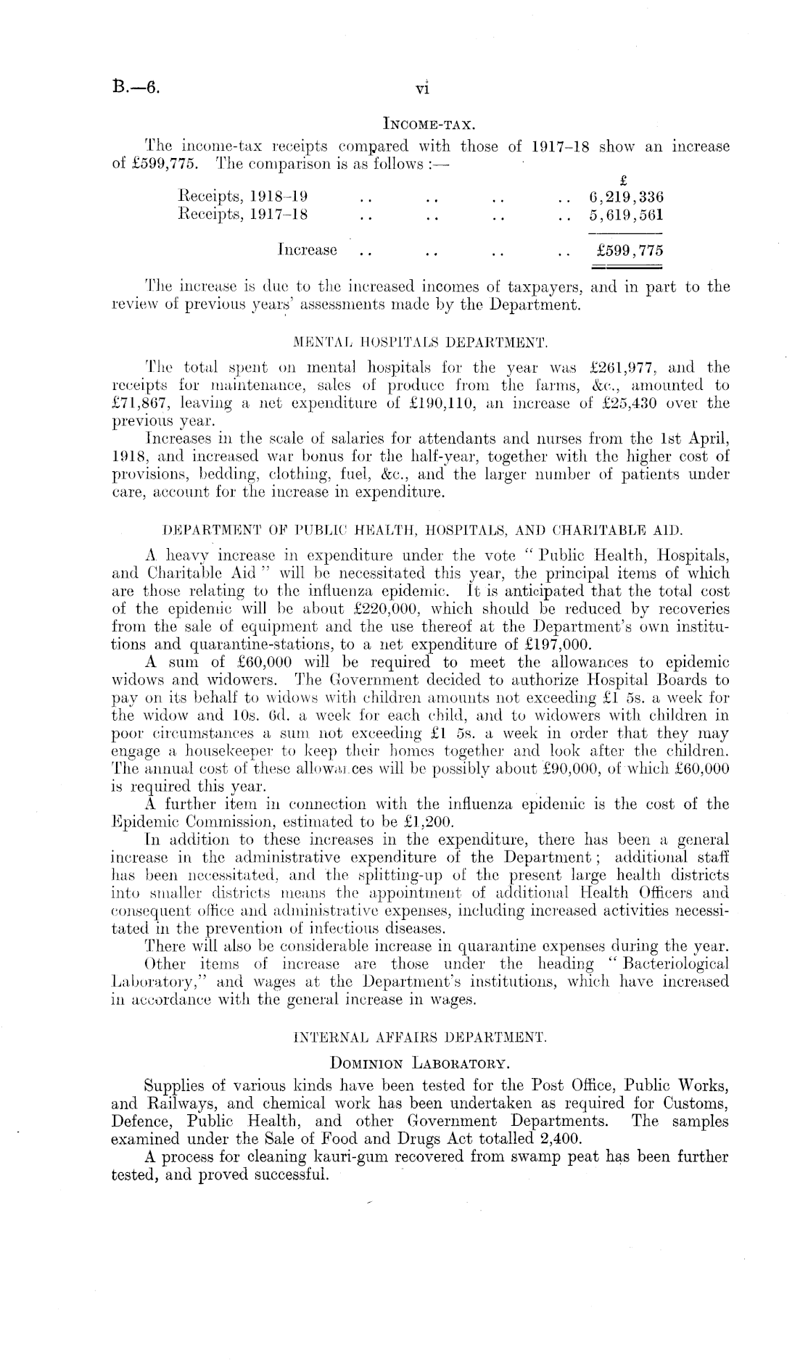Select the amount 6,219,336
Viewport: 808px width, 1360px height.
tap(628, 197)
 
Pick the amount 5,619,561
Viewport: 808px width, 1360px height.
tap(628, 215)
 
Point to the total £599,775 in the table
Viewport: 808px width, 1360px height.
tap(629, 251)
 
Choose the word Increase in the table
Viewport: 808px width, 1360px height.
tap(308, 250)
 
